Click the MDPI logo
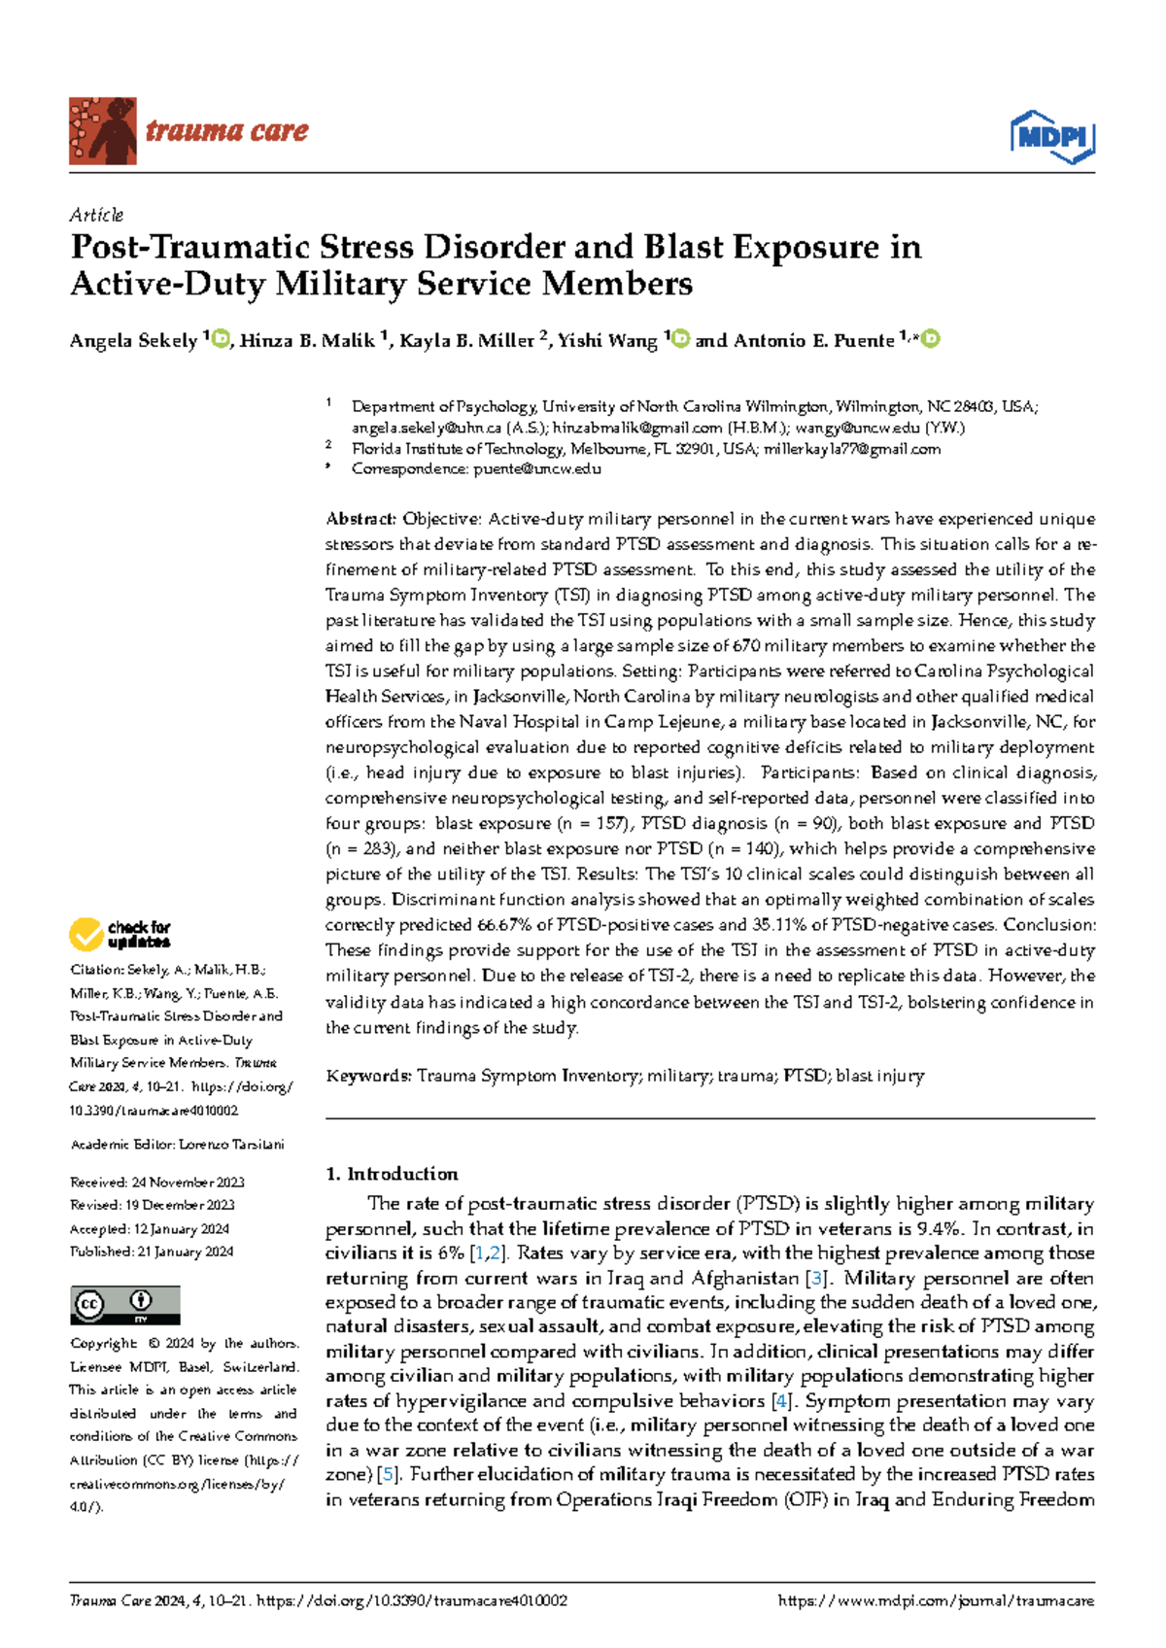click(1052, 137)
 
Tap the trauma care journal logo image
click(103, 130)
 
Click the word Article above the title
click(96, 215)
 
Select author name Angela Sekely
click(133, 341)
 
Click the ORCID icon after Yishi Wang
click(680, 339)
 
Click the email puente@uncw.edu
click(536, 469)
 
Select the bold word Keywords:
click(369, 1076)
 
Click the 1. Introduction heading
click(392, 1174)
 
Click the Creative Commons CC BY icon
click(125, 1305)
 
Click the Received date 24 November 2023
click(188, 1183)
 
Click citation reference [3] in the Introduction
click(816, 1279)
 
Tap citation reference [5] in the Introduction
click(389, 1475)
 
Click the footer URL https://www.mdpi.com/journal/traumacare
click(936, 1601)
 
